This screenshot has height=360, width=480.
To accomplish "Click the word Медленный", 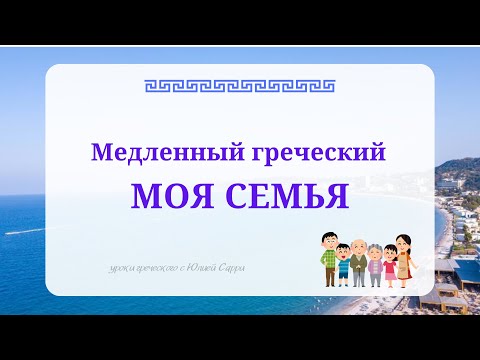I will (x=145, y=154).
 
